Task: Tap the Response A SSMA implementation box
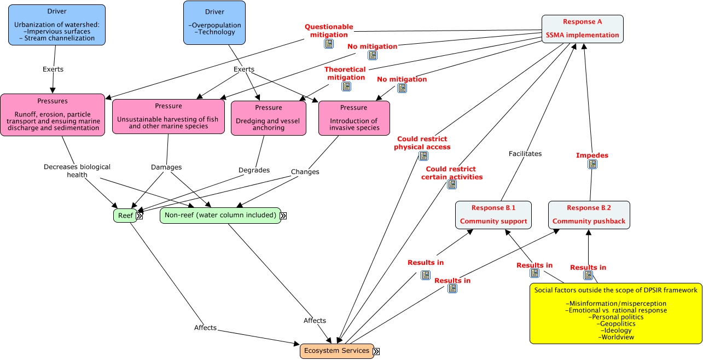coord(583,28)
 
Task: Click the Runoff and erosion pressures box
coord(53,114)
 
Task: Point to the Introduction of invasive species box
coord(353,118)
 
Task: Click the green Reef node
coord(125,216)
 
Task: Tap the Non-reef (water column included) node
coord(220,216)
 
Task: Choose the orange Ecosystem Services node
coord(336,351)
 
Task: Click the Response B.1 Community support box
coord(494,214)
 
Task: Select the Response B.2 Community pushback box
coord(589,214)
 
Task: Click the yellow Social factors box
coord(615,313)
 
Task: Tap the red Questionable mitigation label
coord(329,31)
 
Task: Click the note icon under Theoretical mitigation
coord(346,86)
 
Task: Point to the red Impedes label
coord(592,155)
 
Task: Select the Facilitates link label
coord(525,154)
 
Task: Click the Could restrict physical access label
coord(422,143)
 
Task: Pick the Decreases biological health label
coord(77,170)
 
